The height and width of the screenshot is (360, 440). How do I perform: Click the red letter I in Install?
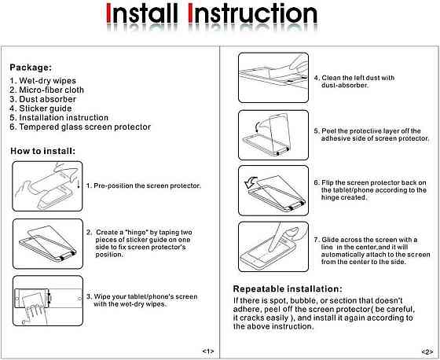point(109,13)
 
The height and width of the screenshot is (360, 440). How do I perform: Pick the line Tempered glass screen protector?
point(80,127)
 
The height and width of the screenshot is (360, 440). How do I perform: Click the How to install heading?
point(43,151)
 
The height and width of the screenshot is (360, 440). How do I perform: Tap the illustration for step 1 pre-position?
point(47,186)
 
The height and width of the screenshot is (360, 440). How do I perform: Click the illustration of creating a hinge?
point(48,244)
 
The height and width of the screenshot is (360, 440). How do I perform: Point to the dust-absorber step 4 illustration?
point(273,78)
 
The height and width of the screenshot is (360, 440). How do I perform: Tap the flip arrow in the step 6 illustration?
point(251,182)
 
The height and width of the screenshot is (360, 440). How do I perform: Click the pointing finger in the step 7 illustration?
point(275,237)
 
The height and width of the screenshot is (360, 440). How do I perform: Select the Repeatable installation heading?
point(288,289)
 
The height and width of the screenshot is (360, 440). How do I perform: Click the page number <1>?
point(208,351)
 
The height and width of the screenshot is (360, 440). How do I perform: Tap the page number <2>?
point(427,351)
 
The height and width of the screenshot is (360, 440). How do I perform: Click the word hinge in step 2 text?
point(137,233)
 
